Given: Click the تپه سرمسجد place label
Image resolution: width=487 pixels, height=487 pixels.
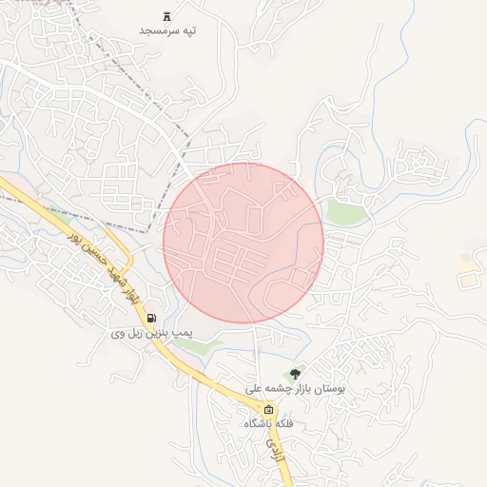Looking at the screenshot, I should point(168,30).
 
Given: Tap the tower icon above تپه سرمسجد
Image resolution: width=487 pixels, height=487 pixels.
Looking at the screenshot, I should point(168,15).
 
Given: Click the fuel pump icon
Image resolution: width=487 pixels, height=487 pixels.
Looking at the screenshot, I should point(153,320).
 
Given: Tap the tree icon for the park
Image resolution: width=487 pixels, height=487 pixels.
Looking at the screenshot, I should point(294,374).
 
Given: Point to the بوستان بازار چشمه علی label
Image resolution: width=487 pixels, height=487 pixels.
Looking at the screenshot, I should point(295,388).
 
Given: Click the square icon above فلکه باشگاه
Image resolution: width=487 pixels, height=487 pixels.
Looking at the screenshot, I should point(269,410).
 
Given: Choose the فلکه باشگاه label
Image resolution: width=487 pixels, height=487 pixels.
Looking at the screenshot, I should point(269,423).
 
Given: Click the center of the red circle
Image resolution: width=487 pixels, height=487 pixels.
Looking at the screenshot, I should point(243,243).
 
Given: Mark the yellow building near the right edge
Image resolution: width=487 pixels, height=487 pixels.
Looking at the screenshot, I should point(468,279).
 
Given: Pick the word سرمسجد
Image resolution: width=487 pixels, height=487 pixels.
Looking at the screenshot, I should point(160,30).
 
